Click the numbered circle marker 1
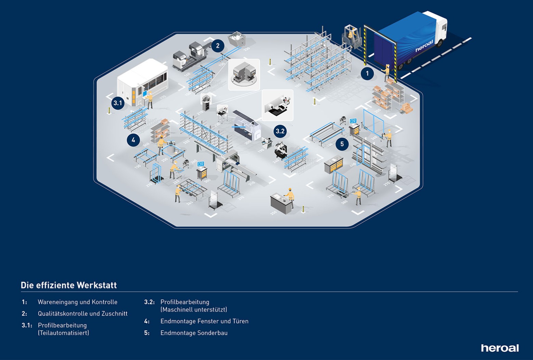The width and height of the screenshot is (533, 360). click(x=367, y=74)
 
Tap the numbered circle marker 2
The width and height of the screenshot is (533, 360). click(x=218, y=45)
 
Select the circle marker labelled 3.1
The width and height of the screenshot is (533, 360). click(x=118, y=103)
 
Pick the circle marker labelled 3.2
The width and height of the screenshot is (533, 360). click(x=280, y=131)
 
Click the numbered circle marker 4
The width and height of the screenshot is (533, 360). click(x=133, y=140)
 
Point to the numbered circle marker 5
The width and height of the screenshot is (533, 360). click(x=342, y=144)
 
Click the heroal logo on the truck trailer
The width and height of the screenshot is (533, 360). click(x=424, y=45)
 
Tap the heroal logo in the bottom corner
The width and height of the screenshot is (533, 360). click(x=500, y=348)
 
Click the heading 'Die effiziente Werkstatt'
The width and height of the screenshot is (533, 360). click(x=69, y=285)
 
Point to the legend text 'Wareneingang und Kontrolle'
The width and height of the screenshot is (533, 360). click(x=78, y=302)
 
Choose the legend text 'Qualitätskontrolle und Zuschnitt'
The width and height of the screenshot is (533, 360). click(x=83, y=314)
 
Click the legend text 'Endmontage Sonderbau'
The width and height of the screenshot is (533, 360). click(x=194, y=333)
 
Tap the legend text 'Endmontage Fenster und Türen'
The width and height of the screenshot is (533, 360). click(x=204, y=321)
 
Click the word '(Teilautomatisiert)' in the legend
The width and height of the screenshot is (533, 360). click(x=63, y=333)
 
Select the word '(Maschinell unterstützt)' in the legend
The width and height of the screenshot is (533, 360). click(x=194, y=309)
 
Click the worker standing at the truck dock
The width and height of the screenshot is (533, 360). click(x=387, y=72)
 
